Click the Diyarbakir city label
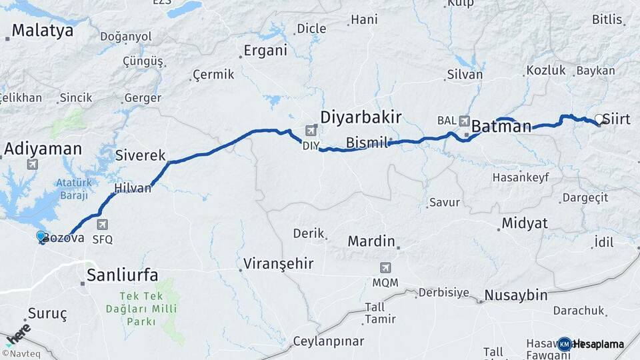tap(361, 117)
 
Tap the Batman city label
tap(501, 125)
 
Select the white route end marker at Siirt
tap(599, 119)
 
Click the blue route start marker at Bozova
tap(41, 236)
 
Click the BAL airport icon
tap(464, 121)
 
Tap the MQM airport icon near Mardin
tap(385, 268)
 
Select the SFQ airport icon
tap(102, 225)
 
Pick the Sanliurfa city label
tap(123, 275)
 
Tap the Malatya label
tap(42, 30)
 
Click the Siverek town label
tap(140, 155)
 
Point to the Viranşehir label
tap(279, 263)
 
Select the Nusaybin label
tap(516, 295)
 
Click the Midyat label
tap(525, 222)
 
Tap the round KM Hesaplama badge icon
tap(565, 344)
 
